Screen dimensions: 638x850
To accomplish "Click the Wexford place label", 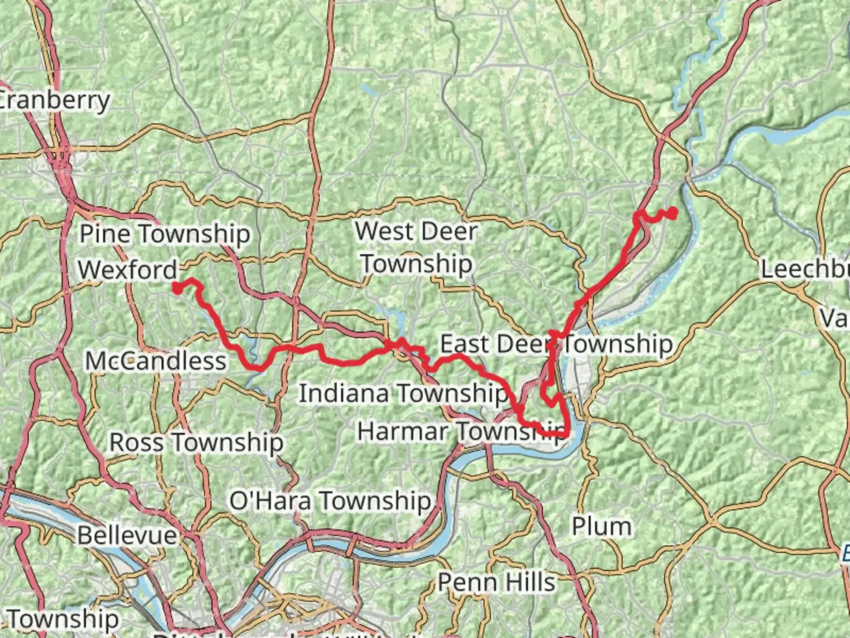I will pyautogui.click(x=127, y=270).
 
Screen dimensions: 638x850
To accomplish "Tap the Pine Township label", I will pyautogui.click(x=165, y=234).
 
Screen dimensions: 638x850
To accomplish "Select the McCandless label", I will pyautogui.click(x=156, y=361).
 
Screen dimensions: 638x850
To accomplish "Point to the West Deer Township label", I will pyautogui.click(x=416, y=247).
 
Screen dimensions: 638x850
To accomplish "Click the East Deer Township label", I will pyautogui.click(x=556, y=344).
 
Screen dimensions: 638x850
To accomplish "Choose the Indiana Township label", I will pyautogui.click(x=403, y=393).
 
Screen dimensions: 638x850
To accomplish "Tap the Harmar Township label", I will pyautogui.click(x=460, y=431).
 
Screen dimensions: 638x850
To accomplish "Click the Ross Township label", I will pyautogui.click(x=196, y=442).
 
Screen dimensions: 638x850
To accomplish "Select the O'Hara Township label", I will pyautogui.click(x=330, y=501).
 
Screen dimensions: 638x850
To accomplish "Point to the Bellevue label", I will pyautogui.click(x=127, y=535).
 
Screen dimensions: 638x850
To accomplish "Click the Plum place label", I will pyautogui.click(x=601, y=526).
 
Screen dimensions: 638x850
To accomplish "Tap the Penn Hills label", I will pyautogui.click(x=496, y=582).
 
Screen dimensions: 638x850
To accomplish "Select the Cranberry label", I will pyautogui.click(x=54, y=100).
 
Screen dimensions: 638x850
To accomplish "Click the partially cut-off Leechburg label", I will pyautogui.click(x=805, y=269).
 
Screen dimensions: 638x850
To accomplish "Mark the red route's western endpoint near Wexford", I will pyautogui.click(x=176, y=288).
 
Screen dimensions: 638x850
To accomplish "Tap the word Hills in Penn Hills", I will pyautogui.click(x=531, y=582).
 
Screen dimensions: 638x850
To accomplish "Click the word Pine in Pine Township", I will pyautogui.click(x=105, y=234).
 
